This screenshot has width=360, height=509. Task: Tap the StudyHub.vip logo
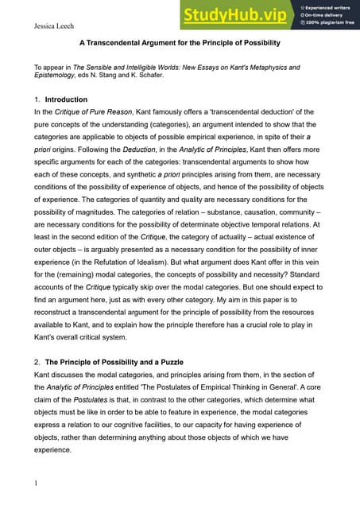(236, 15)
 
